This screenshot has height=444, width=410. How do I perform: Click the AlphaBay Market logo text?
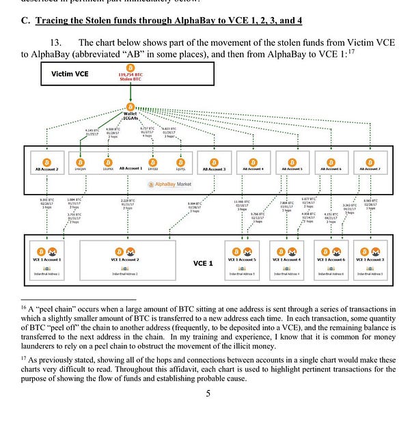171,184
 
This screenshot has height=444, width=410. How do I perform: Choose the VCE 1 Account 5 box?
243,260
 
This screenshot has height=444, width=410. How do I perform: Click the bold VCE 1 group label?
203,262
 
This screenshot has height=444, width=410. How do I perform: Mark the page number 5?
208,393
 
